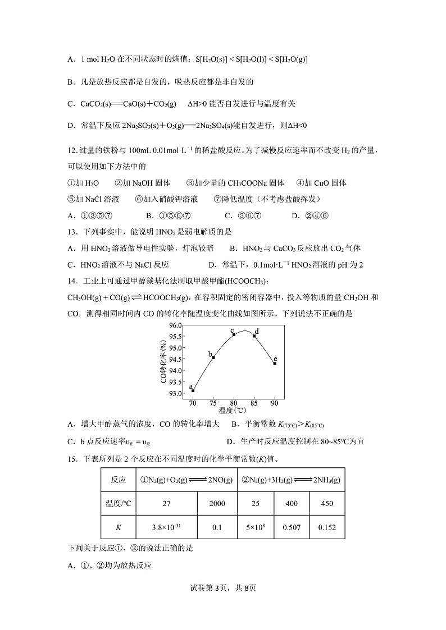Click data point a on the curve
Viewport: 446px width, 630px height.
coord(193,390)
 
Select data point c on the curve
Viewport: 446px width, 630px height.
coord(234,334)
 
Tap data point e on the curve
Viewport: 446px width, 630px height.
coord(275,364)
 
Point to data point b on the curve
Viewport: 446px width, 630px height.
coord(213,357)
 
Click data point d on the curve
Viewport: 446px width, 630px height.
coord(254,336)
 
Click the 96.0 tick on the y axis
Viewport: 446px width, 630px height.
coord(175,325)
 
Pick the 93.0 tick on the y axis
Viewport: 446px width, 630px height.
coord(175,394)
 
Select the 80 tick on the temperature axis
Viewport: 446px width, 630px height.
coord(234,404)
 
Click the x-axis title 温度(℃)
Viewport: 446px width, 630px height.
coord(234,412)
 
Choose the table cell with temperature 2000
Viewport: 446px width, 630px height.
coord(217,503)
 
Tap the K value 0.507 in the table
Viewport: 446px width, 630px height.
coord(292,527)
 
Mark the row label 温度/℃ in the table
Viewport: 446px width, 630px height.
coord(118,503)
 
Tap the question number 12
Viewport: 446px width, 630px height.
coord(71,150)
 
